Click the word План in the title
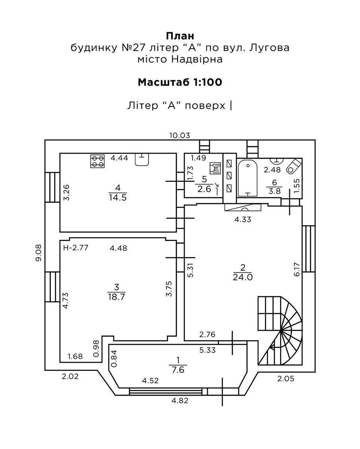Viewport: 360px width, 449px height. (x=180, y=36)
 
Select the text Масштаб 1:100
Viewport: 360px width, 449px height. (x=180, y=82)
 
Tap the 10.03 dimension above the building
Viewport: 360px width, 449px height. (x=180, y=135)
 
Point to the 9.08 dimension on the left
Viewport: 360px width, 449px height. (x=39, y=253)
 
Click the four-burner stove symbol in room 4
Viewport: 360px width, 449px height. (x=98, y=161)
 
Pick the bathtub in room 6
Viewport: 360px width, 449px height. (x=247, y=178)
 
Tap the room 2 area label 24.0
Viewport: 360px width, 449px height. (x=243, y=277)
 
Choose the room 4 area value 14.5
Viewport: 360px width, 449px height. (x=118, y=198)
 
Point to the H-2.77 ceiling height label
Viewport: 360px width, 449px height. (x=76, y=247)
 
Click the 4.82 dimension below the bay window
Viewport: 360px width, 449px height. (x=180, y=401)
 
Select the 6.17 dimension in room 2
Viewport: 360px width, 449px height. (x=297, y=270)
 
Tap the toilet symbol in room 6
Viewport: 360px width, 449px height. (x=292, y=166)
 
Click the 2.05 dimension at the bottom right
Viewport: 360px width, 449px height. (x=286, y=379)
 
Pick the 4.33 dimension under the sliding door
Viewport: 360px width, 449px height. (x=243, y=220)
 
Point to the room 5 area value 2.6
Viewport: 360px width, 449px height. (x=204, y=189)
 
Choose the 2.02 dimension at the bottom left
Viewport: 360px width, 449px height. (x=70, y=377)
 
